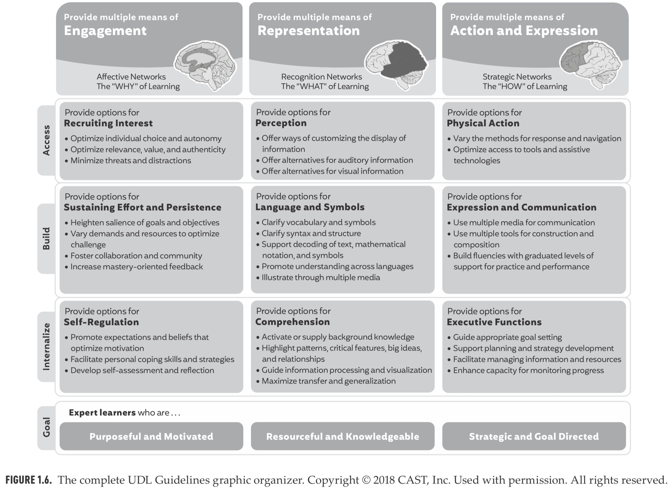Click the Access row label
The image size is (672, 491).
click(x=46, y=140)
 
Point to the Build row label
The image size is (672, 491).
click(x=46, y=238)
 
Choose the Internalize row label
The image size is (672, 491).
click(x=46, y=347)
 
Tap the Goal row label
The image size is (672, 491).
click(x=46, y=427)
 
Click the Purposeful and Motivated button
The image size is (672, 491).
click(x=151, y=436)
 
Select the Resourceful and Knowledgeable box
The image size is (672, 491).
click(x=343, y=436)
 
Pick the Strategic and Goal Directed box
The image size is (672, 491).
click(x=534, y=436)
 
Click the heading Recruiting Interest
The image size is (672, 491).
click(x=108, y=123)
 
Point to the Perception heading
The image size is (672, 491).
click(x=281, y=123)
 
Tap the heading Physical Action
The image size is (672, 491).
click(x=483, y=123)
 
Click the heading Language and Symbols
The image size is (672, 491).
click(x=310, y=207)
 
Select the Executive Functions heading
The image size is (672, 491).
click(x=494, y=322)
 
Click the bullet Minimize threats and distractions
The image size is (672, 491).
click(x=131, y=161)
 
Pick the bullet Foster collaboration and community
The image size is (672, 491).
click(x=136, y=256)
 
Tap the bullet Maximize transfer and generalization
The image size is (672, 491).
click(x=329, y=381)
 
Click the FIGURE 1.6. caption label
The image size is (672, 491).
click(x=29, y=480)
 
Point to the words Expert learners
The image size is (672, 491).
click(x=102, y=412)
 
